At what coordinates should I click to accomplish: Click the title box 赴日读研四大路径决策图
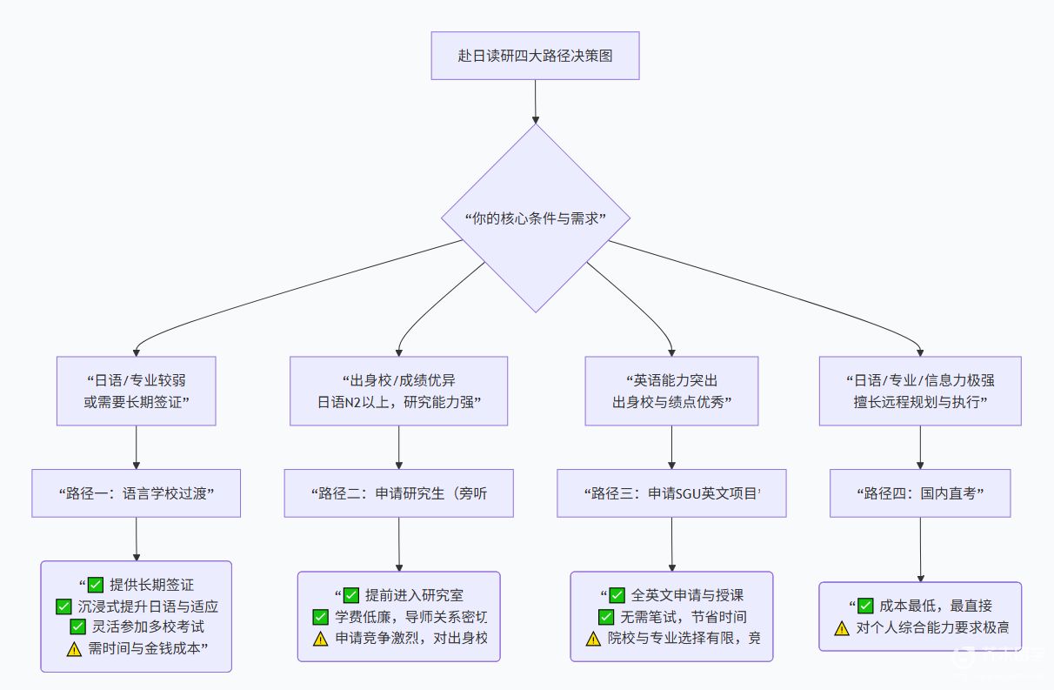pos(535,56)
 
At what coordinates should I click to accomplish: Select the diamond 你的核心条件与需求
pos(535,218)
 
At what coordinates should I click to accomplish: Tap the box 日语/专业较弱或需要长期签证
pos(137,391)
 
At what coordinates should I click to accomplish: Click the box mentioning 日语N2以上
pos(398,391)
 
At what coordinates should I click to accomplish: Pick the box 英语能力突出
pos(671,391)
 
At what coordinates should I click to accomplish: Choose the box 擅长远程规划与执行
pos(920,391)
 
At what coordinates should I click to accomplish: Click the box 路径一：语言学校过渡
pos(137,493)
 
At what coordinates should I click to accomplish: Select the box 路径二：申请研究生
pos(398,493)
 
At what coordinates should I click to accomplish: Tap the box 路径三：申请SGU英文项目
pos(671,493)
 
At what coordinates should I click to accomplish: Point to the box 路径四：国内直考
pos(920,493)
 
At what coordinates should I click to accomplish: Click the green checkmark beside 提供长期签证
pos(96,586)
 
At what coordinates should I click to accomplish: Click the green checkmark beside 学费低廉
pos(320,617)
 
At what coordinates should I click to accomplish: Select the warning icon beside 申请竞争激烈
pos(320,639)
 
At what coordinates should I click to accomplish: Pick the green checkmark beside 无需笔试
pos(606,617)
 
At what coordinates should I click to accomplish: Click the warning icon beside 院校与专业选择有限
pos(593,639)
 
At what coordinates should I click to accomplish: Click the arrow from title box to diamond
pos(535,101)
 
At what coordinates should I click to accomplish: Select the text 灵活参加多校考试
pos(148,627)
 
